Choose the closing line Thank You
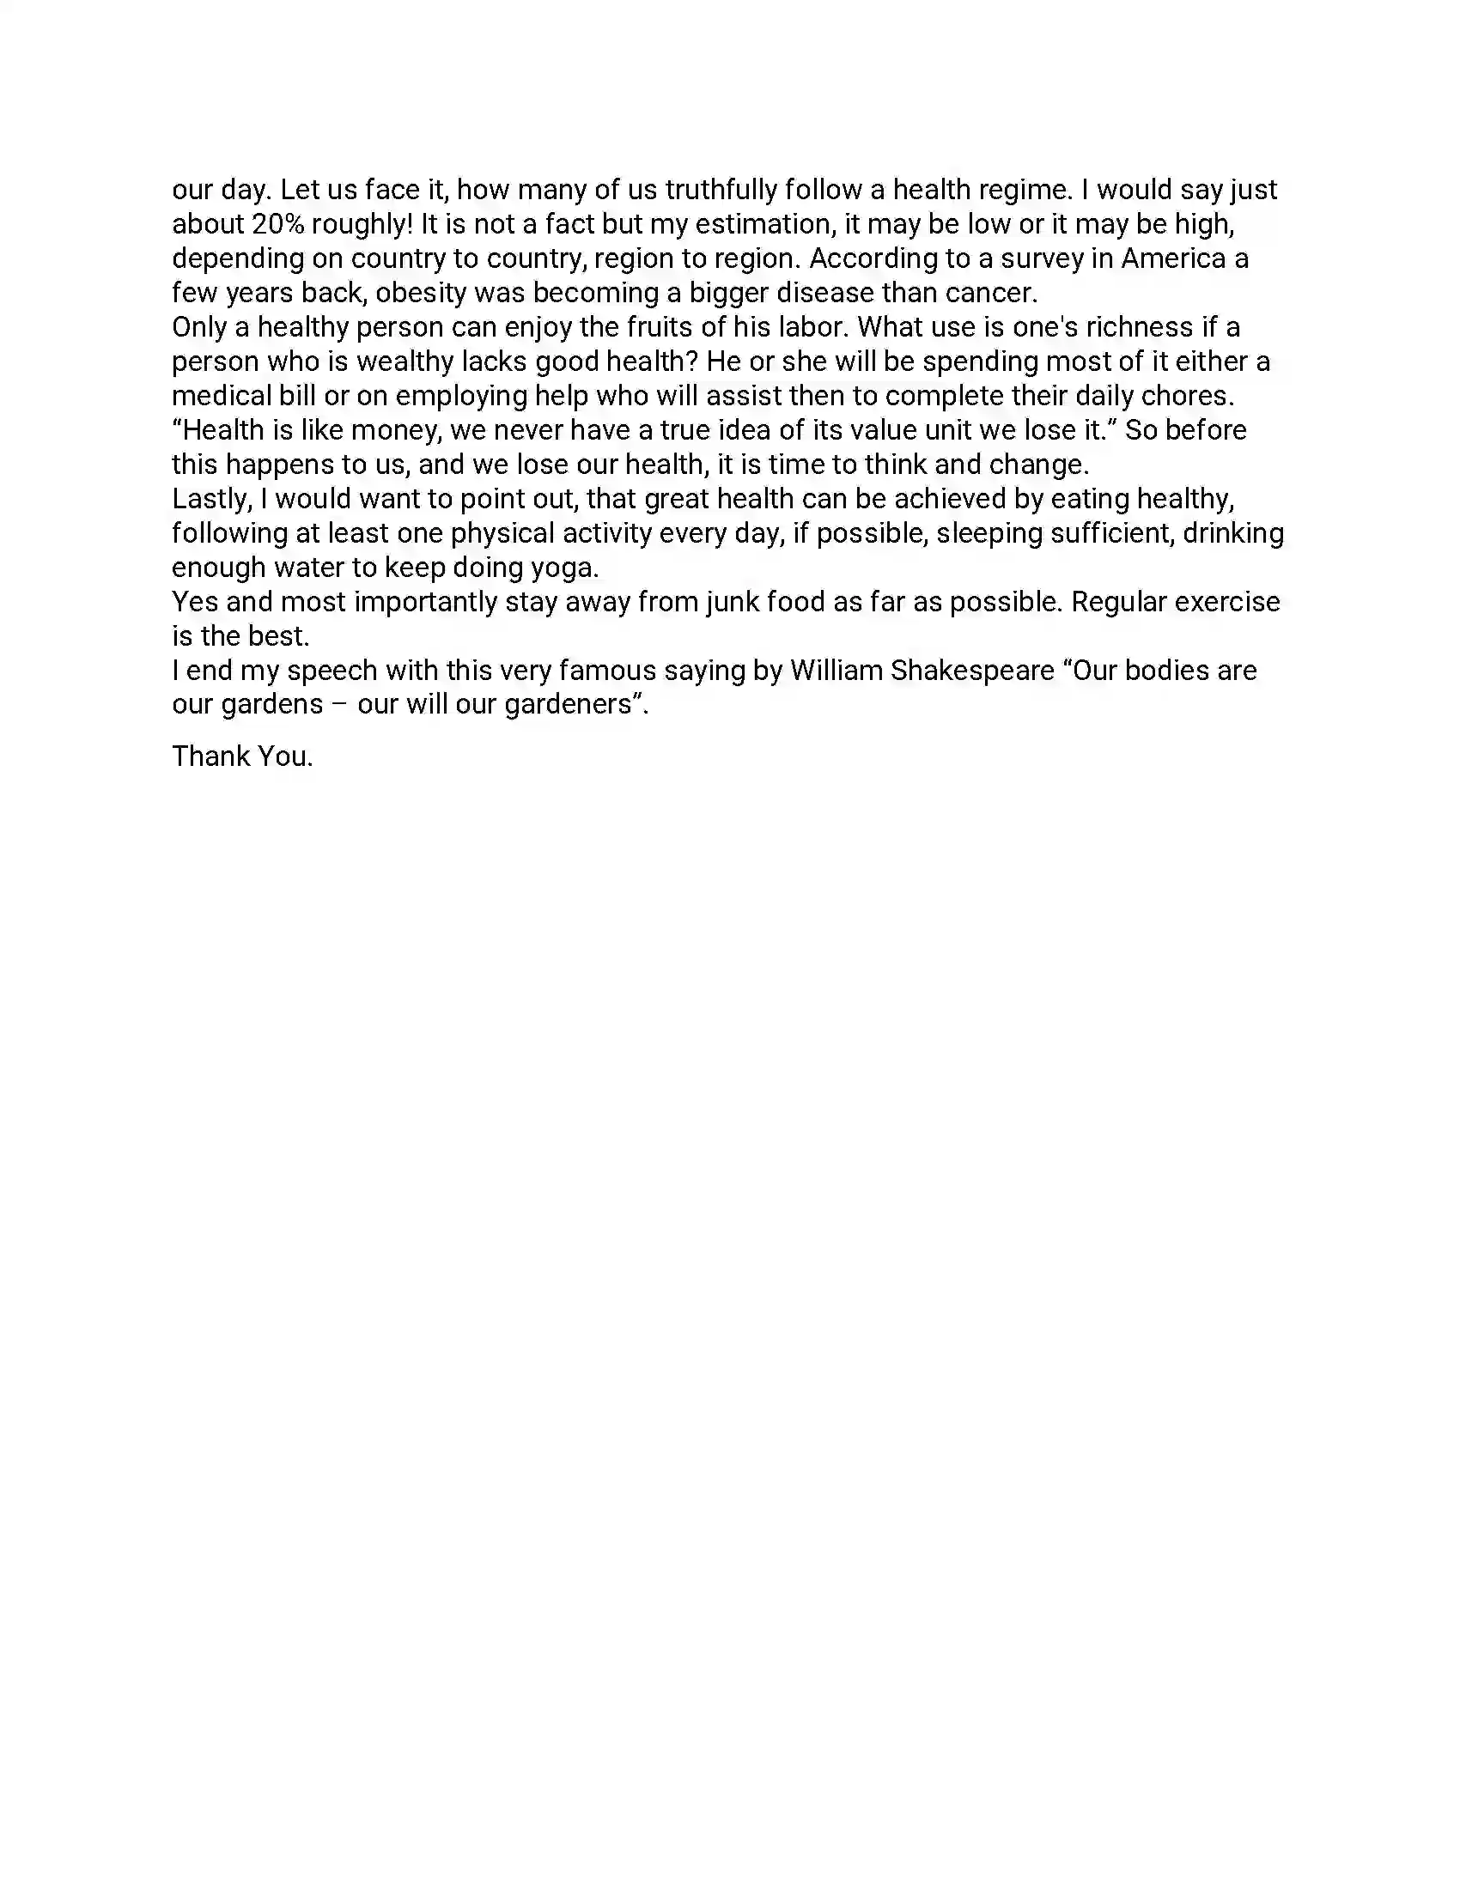coord(242,756)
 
